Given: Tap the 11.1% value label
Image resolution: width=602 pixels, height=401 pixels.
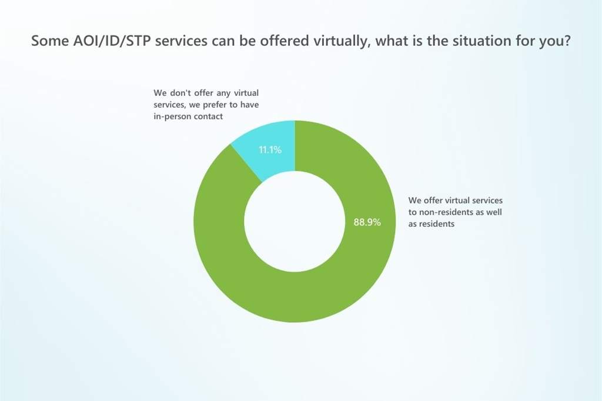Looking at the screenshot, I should pyautogui.click(x=270, y=150).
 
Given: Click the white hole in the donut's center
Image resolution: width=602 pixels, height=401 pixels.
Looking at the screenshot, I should pyautogui.click(x=294, y=222).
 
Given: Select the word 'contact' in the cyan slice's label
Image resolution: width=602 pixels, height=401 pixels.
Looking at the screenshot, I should pyautogui.click(x=209, y=117).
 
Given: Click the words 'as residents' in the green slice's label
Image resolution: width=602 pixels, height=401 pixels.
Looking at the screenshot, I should pyautogui.click(x=432, y=223).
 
